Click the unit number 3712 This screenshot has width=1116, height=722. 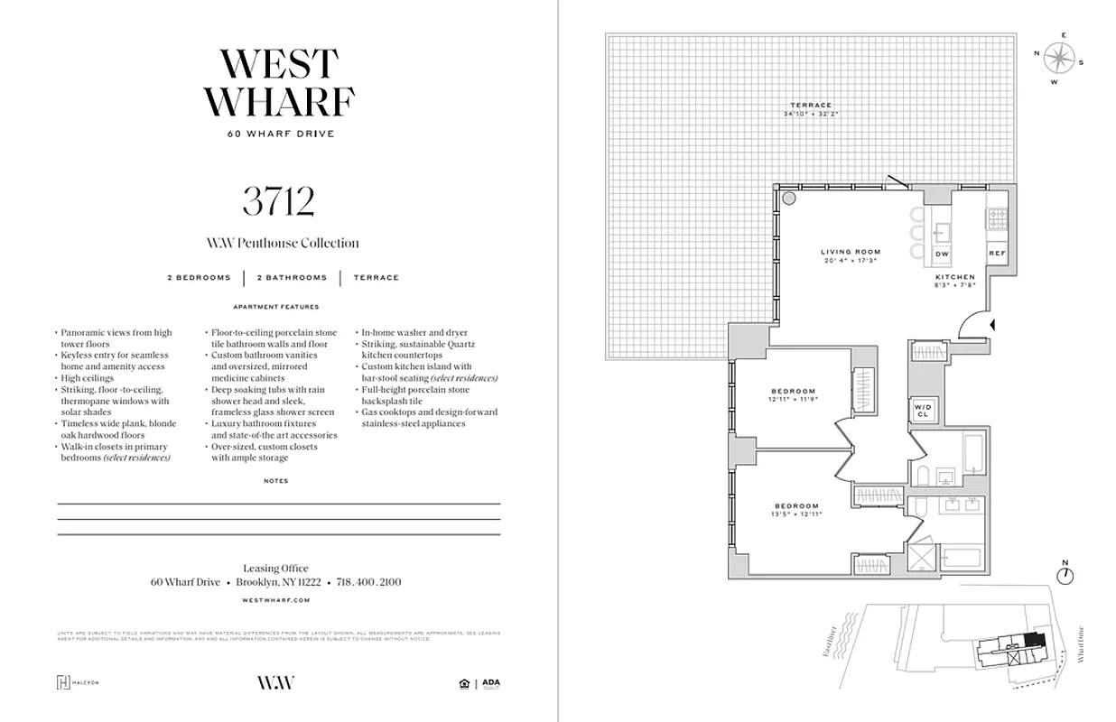[x=278, y=201]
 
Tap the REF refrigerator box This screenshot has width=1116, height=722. [x=997, y=254]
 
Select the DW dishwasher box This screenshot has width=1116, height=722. [x=942, y=255]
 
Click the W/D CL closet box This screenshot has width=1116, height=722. [x=924, y=410]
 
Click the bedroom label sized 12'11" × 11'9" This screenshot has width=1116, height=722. [x=793, y=394]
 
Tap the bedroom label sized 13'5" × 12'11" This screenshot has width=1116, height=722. [x=796, y=510]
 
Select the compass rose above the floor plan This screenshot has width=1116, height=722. [x=1059, y=59]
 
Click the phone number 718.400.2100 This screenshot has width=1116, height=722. [x=368, y=582]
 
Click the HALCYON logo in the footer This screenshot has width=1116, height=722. [x=78, y=682]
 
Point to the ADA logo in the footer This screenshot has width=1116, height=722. [x=490, y=682]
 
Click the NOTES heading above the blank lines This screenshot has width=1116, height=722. [x=276, y=481]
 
